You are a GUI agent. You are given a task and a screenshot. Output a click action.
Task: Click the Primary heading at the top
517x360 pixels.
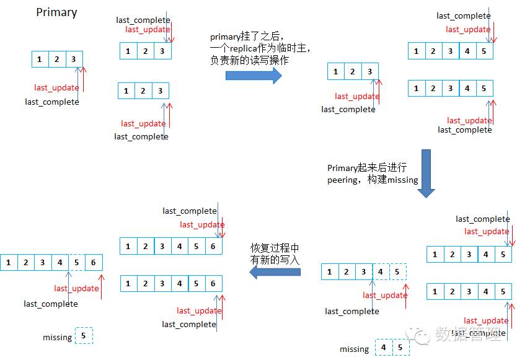coord(56,12)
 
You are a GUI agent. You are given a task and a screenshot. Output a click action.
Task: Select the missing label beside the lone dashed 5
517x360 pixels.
coord(58,337)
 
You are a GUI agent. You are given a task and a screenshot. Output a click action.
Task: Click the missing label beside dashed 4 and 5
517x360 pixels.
coord(355,349)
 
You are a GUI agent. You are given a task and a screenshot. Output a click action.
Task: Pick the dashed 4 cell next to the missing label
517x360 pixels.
coord(384,348)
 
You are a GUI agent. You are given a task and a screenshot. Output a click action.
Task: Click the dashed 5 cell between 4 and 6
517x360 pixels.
coord(77,263)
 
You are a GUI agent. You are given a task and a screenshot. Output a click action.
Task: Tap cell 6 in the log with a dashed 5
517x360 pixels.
coord(94,263)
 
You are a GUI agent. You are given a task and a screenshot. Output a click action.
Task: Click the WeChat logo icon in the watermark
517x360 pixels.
coord(423,335)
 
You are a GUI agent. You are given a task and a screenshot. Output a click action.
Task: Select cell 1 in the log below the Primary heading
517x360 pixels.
coord(40,59)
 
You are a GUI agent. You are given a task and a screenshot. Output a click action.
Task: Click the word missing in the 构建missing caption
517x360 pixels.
coord(403,180)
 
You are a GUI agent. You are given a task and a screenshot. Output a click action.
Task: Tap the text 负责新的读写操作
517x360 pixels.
coord(249,61)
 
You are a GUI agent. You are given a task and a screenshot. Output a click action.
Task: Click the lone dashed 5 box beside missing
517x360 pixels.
coord(84,336)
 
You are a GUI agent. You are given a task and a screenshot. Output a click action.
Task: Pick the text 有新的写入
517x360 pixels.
coord(275,260)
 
